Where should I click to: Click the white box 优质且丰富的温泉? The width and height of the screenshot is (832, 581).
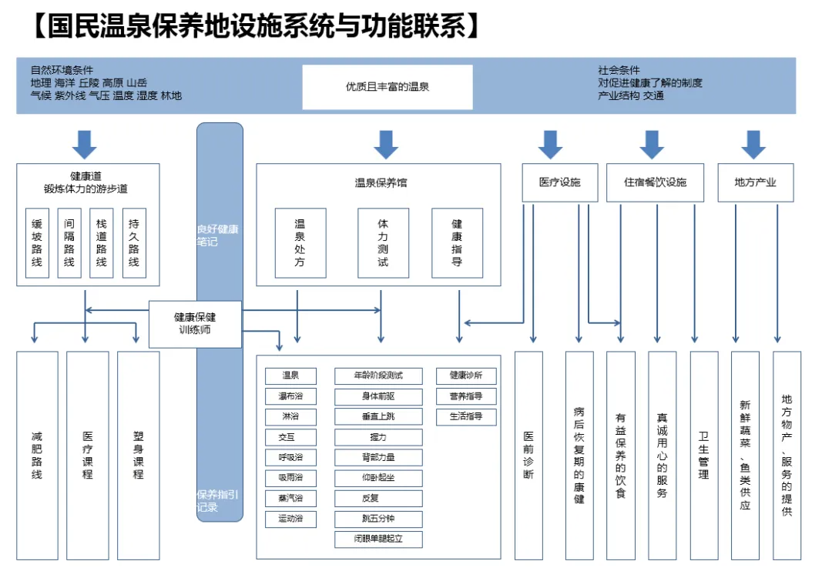pos(387,87)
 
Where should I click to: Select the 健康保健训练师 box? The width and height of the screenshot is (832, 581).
pos(195,323)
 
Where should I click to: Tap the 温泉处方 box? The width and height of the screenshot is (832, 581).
pos(300,243)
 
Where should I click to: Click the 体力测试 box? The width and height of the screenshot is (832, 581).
pos(383,243)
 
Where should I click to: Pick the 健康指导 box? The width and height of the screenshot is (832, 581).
pos(457,243)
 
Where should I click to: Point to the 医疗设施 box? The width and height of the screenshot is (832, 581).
pos(559,182)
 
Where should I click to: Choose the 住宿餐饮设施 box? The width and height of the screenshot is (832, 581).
pos(655,182)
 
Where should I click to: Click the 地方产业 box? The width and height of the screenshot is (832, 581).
pos(755,182)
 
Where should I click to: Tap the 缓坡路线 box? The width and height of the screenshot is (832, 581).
pos(37,243)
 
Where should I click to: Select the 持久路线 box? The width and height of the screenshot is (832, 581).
pos(134,243)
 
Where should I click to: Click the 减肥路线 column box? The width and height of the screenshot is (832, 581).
pos(37,455)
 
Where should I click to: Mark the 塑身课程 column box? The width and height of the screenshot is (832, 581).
pos(138,455)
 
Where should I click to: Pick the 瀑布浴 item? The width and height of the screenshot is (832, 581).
pos(290,396)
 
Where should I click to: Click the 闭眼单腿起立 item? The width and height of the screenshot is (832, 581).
pos(378,539)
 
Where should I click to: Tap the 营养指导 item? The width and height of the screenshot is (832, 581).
pos(466,396)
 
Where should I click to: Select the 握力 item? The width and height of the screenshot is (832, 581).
pos(378,437)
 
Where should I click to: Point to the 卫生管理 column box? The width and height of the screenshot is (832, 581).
pos(703,455)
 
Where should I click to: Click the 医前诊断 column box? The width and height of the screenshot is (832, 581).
pos(528,455)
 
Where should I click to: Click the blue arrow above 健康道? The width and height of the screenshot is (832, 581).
pos(84,144)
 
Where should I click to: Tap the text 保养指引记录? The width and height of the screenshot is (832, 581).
pos(218,501)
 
